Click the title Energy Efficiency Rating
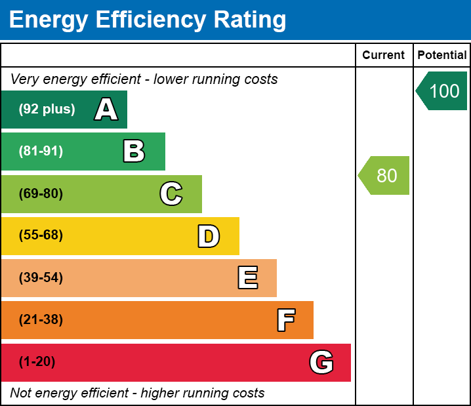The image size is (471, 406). pyautogui.click(x=148, y=20)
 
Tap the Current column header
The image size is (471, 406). pyautogui.click(x=384, y=56)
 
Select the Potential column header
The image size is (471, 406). pyautogui.click(x=442, y=56)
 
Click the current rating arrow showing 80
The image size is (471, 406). pyautogui.click(x=385, y=176)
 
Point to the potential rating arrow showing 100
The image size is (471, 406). pyautogui.click(x=443, y=91)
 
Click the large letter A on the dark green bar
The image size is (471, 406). pyautogui.click(x=106, y=110)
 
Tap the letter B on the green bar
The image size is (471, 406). pyautogui.click(x=134, y=152)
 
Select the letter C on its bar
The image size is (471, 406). pyautogui.click(x=171, y=193)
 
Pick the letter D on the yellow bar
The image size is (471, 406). pyautogui.click(x=209, y=236)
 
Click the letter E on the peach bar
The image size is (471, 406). pyautogui.click(x=247, y=278)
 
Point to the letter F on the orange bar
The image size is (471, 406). pyautogui.click(x=285, y=320)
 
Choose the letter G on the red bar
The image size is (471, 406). pyautogui.click(x=321, y=362)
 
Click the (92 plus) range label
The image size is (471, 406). pyautogui.click(x=47, y=110)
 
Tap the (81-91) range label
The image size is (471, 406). pyautogui.click(x=41, y=152)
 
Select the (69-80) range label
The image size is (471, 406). pyautogui.click(x=41, y=193)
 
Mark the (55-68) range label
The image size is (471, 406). pyautogui.click(x=41, y=235)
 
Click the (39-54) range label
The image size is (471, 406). pyautogui.click(x=41, y=278)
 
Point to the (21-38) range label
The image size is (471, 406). pyautogui.click(x=41, y=320)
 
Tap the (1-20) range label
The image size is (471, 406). pyautogui.click(x=37, y=362)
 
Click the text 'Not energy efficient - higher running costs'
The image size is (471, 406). pyautogui.click(x=137, y=394)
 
